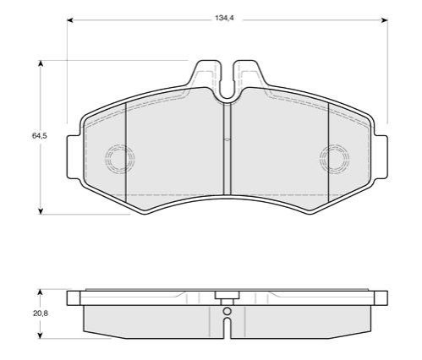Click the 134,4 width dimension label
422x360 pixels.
225,18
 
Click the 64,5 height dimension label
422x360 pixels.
40,136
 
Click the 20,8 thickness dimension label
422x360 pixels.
41,313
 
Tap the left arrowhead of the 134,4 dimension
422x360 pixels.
70,20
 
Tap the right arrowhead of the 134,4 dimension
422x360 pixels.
385,20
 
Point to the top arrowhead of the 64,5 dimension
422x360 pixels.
41,63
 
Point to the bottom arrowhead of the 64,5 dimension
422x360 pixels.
41,211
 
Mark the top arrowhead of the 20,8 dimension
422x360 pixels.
40,292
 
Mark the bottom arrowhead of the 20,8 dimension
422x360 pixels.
40,335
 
